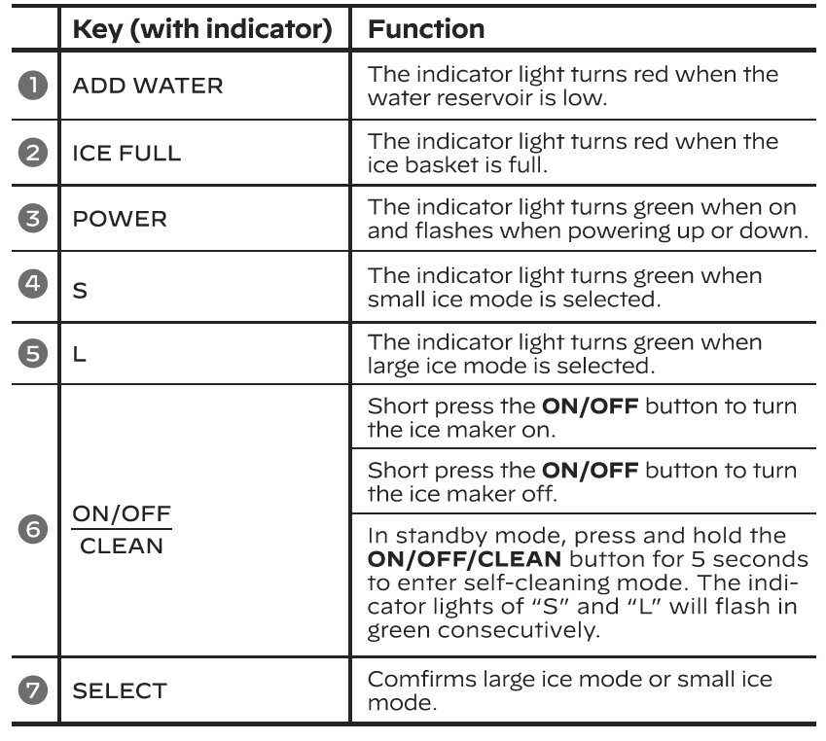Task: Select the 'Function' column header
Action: [x=426, y=30]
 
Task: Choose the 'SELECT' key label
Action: [x=122, y=691]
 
